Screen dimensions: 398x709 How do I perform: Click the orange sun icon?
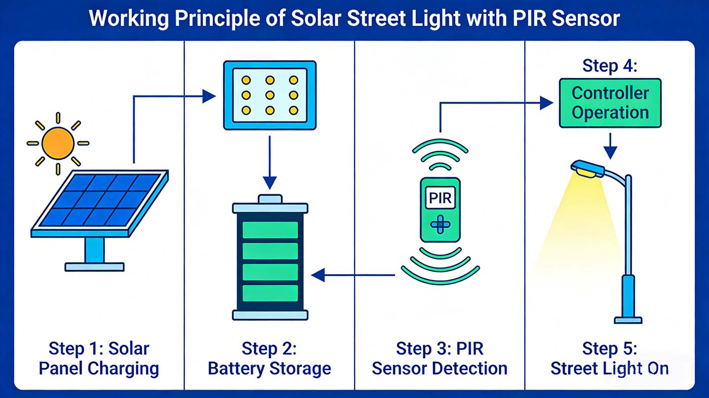tap(58, 143)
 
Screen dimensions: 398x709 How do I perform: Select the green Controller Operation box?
tap(610, 103)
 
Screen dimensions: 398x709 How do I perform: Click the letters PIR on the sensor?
tap(440, 198)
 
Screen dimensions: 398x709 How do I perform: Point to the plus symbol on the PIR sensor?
tap(440, 224)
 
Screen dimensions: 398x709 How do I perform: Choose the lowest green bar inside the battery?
tap(270, 293)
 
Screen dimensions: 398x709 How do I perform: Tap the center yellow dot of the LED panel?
tap(270, 95)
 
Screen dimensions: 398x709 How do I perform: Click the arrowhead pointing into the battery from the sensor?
tap(318, 276)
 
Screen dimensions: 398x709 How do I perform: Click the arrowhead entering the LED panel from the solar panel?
tap(209, 96)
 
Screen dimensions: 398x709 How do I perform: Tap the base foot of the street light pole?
tap(628, 320)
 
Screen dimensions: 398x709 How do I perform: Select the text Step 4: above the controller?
tap(610, 66)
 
